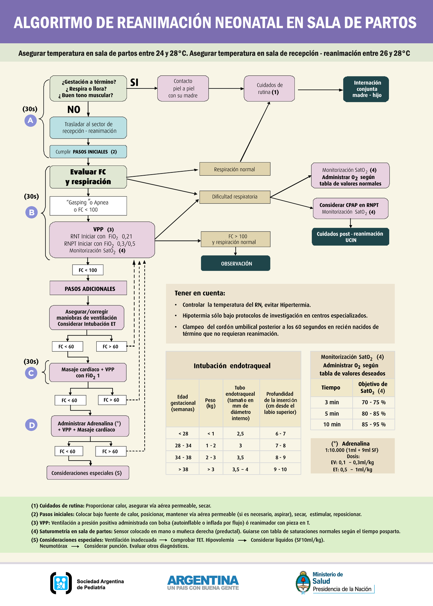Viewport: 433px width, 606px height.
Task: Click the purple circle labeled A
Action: coord(31,120)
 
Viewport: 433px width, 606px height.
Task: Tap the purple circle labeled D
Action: coord(31,425)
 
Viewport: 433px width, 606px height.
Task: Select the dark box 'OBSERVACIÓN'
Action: coord(235,263)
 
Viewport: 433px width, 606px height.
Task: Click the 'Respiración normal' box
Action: coord(235,169)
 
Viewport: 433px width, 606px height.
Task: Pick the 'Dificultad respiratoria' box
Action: coord(235,197)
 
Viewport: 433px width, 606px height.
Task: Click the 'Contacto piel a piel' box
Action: coord(183,88)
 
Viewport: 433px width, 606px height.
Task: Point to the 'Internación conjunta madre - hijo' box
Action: coord(366,89)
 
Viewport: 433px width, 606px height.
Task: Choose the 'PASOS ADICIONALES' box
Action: coord(88,288)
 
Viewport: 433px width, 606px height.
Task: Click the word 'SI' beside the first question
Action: coord(134,82)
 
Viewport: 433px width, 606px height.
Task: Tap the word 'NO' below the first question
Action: coord(74,110)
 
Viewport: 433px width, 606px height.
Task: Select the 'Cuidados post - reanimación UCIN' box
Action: coord(350,237)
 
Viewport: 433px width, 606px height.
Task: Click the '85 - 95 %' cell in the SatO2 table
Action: coord(373,424)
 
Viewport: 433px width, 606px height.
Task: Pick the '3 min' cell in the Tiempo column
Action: coord(332,402)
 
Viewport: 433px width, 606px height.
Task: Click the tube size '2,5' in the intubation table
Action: coord(240,434)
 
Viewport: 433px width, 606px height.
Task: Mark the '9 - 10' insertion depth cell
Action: coord(280,469)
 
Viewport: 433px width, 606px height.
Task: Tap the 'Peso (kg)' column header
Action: coord(210,403)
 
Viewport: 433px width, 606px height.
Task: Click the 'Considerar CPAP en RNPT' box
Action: coord(350,208)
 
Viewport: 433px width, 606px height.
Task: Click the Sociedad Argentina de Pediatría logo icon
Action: coord(61,583)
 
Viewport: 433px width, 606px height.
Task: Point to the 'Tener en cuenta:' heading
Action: coord(200,293)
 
